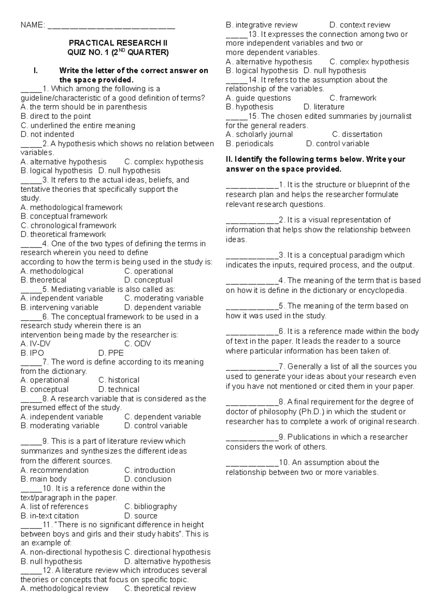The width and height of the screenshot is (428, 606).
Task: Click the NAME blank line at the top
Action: [x=111, y=26]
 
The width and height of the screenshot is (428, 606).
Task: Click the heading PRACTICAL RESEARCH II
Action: [x=118, y=43]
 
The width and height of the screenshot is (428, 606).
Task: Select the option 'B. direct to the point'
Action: [x=56, y=116]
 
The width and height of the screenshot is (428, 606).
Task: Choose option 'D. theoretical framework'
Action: [x=63, y=234]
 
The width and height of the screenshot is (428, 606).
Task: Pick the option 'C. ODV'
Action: [x=138, y=344]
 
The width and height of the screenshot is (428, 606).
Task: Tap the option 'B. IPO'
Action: [x=32, y=353]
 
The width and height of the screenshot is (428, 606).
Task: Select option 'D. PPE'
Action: [x=111, y=353]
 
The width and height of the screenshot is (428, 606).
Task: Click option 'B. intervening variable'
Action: [x=59, y=307]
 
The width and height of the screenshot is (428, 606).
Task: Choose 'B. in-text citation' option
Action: [x=50, y=516]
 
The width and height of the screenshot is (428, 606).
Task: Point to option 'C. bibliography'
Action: [x=151, y=506]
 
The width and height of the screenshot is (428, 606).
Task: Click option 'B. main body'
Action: [x=44, y=479]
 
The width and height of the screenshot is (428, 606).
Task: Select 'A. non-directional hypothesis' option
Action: [x=71, y=552]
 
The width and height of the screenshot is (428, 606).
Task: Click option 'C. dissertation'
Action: [x=357, y=135]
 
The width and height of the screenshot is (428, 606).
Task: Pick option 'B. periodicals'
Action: [x=250, y=143]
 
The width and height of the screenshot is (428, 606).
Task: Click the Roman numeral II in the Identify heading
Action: [x=229, y=159]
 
